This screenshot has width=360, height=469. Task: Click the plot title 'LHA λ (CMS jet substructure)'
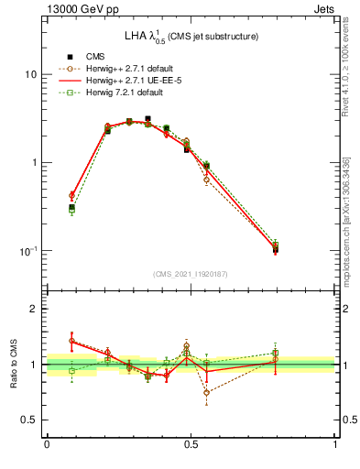click(191, 37)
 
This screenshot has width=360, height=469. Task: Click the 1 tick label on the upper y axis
click(33, 163)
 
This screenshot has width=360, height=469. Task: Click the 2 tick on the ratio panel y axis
click(33, 310)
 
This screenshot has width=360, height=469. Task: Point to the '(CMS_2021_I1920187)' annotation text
click(191, 273)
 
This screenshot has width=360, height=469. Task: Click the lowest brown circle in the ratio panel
click(206, 392)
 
